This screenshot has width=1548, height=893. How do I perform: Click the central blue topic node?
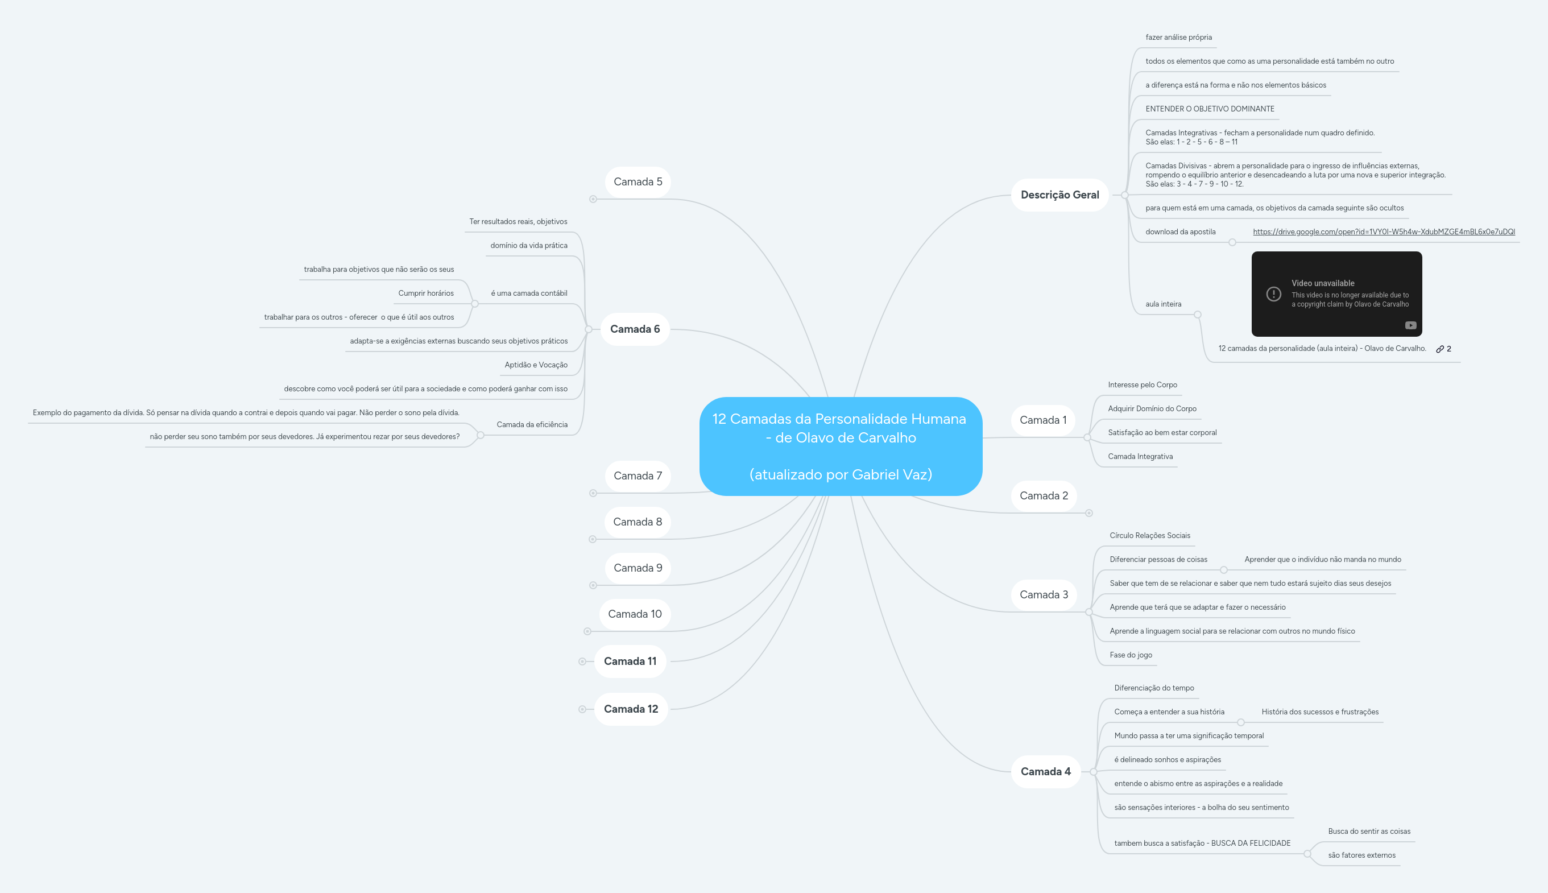(x=841, y=446)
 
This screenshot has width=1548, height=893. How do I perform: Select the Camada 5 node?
(x=638, y=182)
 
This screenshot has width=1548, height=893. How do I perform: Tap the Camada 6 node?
(x=635, y=329)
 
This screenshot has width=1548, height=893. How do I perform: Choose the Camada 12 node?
(x=631, y=709)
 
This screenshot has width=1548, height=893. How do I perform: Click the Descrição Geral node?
(x=1059, y=195)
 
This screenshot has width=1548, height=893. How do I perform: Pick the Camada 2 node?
(x=1044, y=495)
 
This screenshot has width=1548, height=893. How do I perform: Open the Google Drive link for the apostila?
(x=1384, y=232)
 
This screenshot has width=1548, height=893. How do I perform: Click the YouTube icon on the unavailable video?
(x=1411, y=326)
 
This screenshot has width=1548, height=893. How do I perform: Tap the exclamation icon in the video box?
(x=1273, y=295)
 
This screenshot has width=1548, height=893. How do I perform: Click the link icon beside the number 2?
(x=1439, y=349)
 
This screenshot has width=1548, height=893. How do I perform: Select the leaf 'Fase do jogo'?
(x=1131, y=655)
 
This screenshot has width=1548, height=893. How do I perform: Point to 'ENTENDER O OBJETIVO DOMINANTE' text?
(x=1210, y=109)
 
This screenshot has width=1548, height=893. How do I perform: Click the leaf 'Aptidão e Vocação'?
(x=536, y=365)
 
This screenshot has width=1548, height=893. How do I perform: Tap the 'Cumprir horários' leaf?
(x=426, y=293)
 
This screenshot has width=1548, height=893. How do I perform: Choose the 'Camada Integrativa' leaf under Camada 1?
(x=1140, y=456)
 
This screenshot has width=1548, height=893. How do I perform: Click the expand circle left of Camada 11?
(x=582, y=662)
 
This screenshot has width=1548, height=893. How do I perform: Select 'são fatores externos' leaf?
(x=1361, y=855)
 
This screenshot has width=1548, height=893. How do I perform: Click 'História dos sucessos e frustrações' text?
(x=1320, y=712)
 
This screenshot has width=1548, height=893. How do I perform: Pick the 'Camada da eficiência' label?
(x=532, y=424)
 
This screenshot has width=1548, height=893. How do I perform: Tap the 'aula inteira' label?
(x=1163, y=304)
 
